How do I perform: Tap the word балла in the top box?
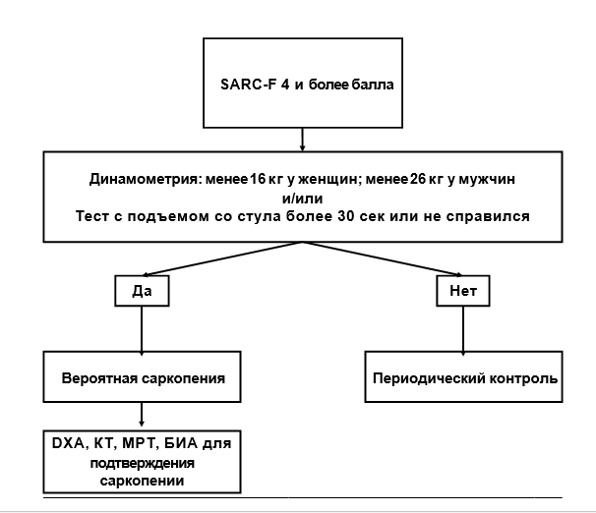[x=371, y=85]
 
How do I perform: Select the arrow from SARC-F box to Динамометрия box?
[x=303, y=138]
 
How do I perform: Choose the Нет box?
[x=463, y=292]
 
